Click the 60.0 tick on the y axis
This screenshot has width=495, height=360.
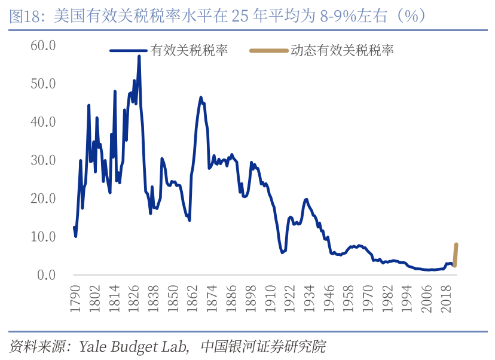coord(43,45)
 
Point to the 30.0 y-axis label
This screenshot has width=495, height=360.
coord(43,160)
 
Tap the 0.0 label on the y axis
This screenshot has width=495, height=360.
coord(46,275)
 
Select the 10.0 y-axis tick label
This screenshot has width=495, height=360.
coord(43,237)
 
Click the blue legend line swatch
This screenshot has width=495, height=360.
coord(129,51)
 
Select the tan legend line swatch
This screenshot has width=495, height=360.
coord(268,51)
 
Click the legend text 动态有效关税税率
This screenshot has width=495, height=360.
coord(342,51)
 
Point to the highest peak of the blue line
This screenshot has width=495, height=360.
coord(139,56)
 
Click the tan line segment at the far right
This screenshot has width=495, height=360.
coord(456,254)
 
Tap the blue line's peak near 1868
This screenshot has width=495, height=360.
coord(201,97)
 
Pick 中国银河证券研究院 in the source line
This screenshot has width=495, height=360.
coord(264,346)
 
